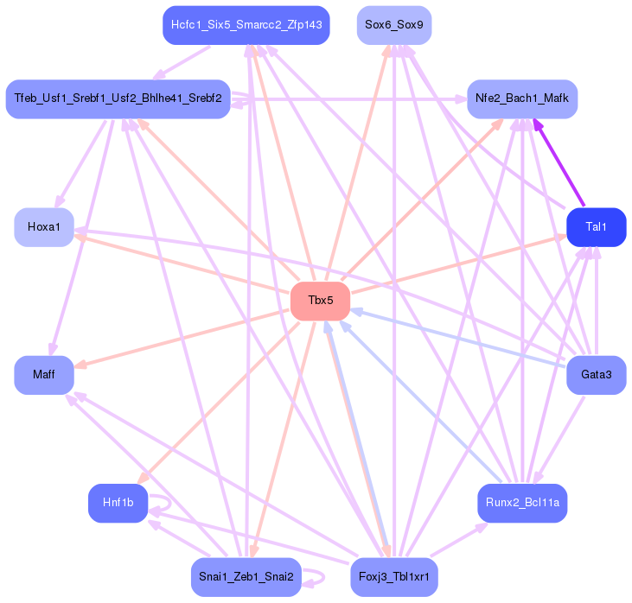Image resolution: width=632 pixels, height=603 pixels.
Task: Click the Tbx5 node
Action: click(x=321, y=301)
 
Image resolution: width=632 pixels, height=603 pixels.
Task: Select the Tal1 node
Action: click(x=597, y=227)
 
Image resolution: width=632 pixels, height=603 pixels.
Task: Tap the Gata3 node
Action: click(x=597, y=375)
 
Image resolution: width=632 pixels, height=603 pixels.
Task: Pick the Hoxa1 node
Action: click(x=44, y=227)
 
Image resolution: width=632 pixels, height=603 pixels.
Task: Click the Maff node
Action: click(x=44, y=375)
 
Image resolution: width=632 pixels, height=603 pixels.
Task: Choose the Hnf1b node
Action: click(x=118, y=503)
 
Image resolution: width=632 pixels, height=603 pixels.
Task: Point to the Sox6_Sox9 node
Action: click(x=394, y=25)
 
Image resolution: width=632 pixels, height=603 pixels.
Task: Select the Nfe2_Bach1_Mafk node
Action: click(x=522, y=99)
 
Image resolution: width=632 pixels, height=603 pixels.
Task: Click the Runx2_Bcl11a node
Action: click(x=522, y=503)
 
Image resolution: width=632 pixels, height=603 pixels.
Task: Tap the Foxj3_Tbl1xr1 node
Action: click(x=394, y=577)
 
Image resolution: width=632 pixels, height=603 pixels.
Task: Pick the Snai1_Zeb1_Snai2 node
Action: click(x=246, y=577)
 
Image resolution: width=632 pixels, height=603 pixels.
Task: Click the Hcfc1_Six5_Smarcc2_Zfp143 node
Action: click(x=246, y=25)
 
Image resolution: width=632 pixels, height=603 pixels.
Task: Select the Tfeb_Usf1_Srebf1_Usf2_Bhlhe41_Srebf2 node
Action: click(x=118, y=99)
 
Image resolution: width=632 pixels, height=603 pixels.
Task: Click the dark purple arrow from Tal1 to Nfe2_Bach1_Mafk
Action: click(x=559, y=162)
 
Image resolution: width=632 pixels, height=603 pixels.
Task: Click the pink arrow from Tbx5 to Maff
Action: click(x=182, y=339)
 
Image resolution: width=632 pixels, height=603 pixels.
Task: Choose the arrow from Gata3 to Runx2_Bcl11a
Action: click(x=559, y=440)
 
